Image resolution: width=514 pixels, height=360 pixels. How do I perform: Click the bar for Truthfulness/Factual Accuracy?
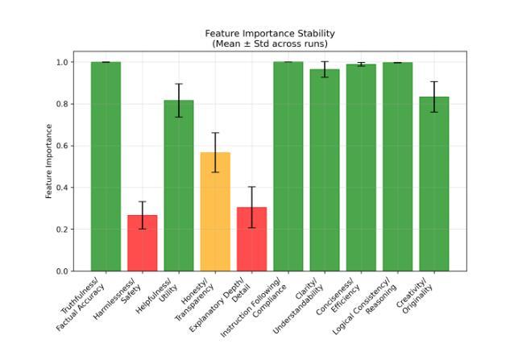(x=106, y=167)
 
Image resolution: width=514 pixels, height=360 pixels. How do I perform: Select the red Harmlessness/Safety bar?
(x=142, y=243)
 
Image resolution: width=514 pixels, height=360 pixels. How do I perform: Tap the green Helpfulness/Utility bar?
(x=179, y=186)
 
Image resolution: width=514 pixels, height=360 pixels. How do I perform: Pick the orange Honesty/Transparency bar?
(x=215, y=212)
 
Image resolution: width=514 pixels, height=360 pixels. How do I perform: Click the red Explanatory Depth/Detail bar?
(x=251, y=239)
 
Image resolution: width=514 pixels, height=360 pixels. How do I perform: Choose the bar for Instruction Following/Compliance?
(x=288, y=167)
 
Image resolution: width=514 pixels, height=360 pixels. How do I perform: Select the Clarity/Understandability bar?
(x=325, y=170)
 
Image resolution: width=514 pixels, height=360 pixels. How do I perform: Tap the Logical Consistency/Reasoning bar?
(x=397, y=167)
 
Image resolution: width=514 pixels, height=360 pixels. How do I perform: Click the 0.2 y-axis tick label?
(x=60, y=230)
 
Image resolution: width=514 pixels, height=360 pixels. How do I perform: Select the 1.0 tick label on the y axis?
(x=60, y=62)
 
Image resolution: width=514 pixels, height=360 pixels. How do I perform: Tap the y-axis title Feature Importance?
(x=49, y=161)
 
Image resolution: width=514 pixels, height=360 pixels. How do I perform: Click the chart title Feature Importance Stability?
(x=270, y=33)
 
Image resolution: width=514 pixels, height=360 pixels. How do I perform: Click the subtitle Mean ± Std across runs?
(x=270, y=43)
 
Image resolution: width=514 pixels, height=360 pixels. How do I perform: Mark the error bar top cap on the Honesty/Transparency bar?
(x=215, y=133)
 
